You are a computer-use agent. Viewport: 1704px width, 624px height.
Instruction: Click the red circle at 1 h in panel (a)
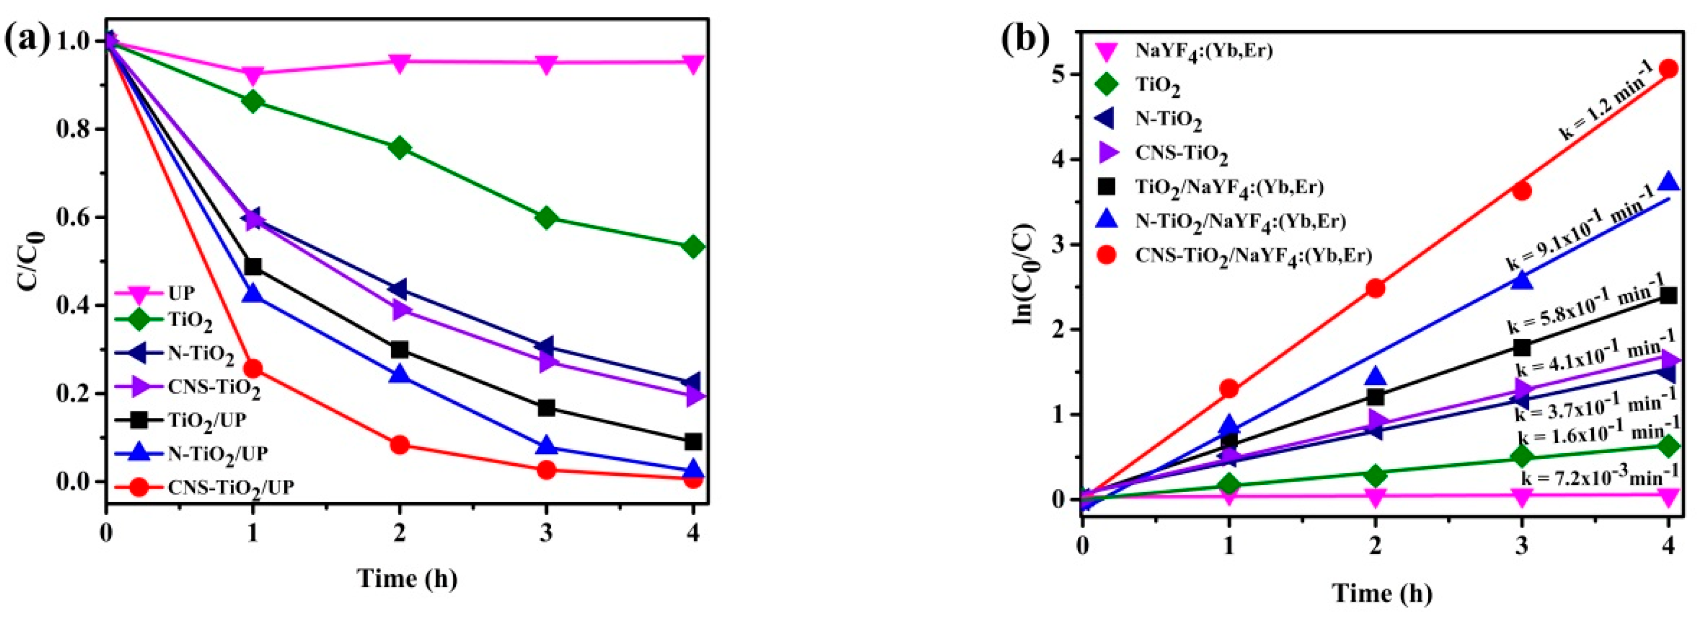tap(253, 368)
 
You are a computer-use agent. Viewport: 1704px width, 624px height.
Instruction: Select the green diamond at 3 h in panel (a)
tap(546, 218)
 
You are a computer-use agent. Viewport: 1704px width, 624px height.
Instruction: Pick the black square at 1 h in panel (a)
tap(253, 267)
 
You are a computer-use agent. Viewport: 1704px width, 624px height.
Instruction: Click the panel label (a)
tap(26, 41)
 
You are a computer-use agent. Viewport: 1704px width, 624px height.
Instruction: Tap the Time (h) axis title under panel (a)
tap(408, 577)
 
